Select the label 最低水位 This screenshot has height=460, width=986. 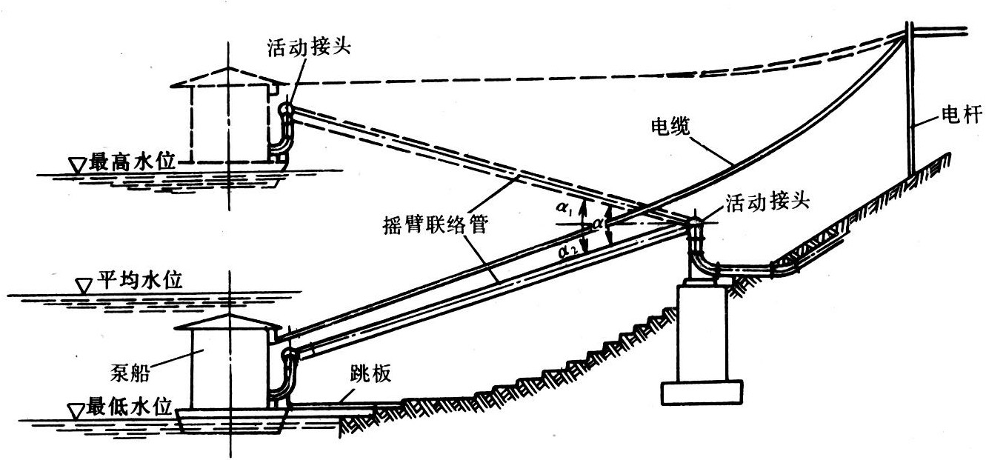[x=130, y=406]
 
